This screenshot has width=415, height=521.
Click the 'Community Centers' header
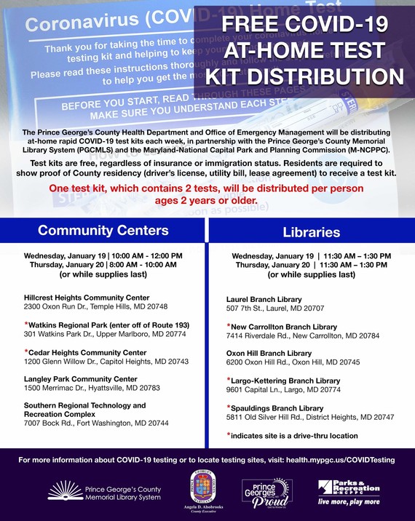[103, 231]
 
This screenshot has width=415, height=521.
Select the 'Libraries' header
[311, 232]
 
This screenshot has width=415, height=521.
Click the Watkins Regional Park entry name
[108, 325]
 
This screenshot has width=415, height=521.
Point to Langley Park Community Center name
[80, 379]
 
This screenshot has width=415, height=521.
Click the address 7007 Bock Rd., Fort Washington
[95, 423]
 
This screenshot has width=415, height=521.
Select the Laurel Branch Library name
[264, 299]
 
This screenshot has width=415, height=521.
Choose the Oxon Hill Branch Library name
[269, 353]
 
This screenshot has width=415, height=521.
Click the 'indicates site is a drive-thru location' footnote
[293, 436]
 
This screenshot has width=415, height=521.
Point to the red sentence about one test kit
[207, 194]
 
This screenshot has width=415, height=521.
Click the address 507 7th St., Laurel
[266, 308]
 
